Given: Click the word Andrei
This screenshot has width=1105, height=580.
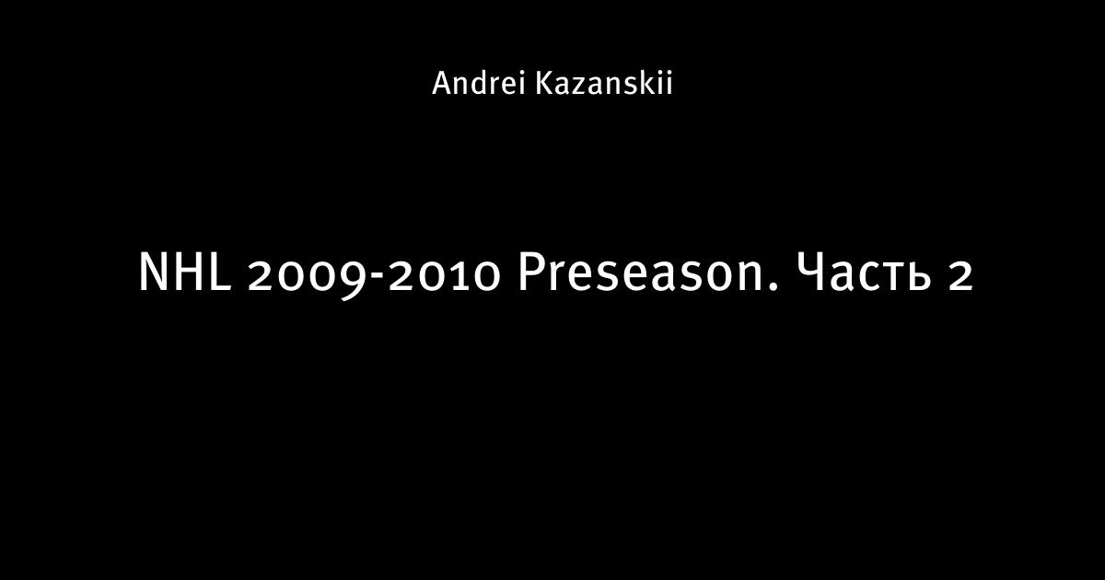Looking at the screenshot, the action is [478, 84].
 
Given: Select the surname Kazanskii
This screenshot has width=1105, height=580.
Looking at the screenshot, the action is [604, 84].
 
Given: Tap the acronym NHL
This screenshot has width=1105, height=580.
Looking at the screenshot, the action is [184, 272].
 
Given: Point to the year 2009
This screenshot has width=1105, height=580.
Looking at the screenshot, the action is [308, 276].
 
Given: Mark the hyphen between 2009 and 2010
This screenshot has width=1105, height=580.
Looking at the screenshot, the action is [378, 278].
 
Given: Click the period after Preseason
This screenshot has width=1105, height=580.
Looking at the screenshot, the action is [773, 286].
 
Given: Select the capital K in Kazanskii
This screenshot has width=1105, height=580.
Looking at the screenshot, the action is [544, 84].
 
